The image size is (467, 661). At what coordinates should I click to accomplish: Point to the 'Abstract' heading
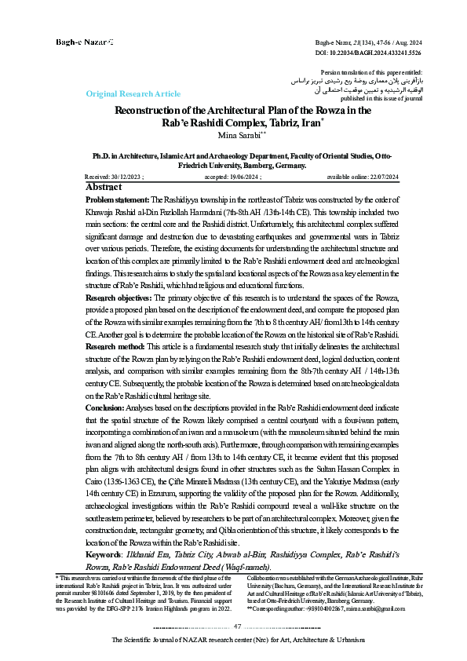click(x=103, y=188)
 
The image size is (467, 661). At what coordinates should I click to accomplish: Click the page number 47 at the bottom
click(x=238, y=626)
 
